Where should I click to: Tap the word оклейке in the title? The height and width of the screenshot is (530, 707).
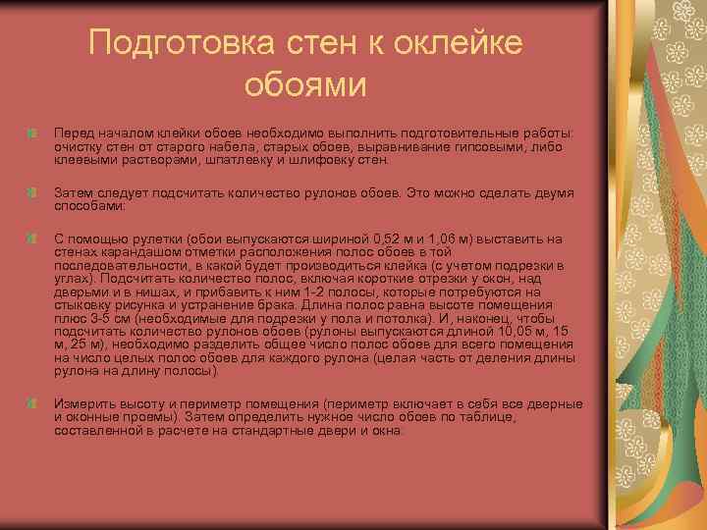click(x=457, y=42)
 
